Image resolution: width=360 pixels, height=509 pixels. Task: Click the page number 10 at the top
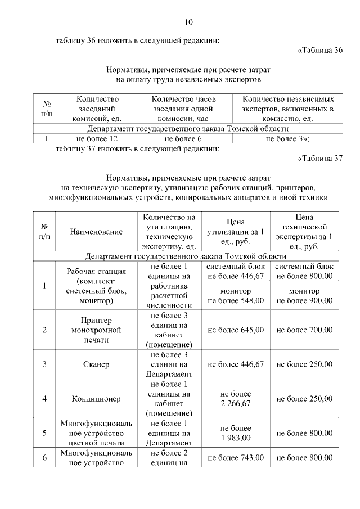coord(188,22)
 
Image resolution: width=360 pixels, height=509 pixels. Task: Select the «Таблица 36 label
coord(319,51)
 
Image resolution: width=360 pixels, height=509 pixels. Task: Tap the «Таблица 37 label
coord(319,159)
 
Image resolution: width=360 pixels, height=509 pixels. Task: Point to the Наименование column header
coord(96,232)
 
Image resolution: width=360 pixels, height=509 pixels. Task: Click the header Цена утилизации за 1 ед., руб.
coord(236,232)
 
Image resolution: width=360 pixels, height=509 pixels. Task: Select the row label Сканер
coord(96,364)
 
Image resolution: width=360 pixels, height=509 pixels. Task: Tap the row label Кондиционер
coord(96,399)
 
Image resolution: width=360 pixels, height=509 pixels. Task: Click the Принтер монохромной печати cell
coord(96,330)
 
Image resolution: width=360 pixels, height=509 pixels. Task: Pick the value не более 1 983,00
coord(236,433)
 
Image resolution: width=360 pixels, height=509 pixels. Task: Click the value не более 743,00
coord(236,458)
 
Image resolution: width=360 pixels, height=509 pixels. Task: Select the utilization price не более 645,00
coord(236,330)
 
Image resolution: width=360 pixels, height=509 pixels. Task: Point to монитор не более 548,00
coord(236,296)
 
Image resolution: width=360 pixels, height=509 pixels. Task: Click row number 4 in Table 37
coord(44,399)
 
